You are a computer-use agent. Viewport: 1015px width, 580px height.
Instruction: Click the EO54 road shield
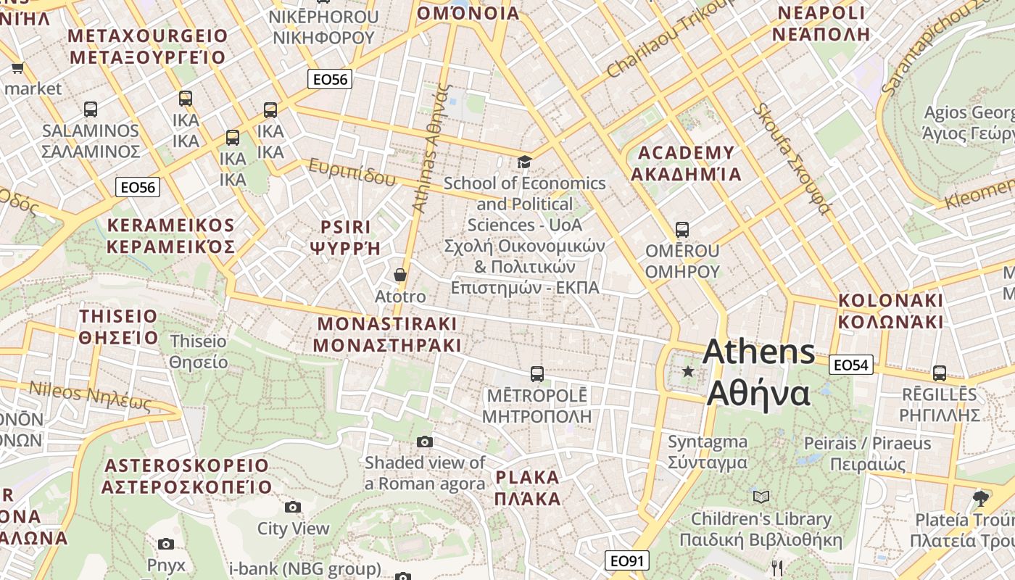(851, 365)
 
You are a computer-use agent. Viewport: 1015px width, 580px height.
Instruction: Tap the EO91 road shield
(627, 560)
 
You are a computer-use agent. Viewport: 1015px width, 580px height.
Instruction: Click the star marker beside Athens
(688, 372)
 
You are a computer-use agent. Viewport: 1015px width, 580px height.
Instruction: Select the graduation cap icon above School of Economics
(523, 161)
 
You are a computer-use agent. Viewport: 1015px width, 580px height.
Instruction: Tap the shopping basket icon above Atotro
(399, 275)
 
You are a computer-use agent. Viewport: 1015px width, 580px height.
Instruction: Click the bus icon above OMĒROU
(681, 230)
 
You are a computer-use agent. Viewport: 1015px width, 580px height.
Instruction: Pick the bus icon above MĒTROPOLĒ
(536, 374)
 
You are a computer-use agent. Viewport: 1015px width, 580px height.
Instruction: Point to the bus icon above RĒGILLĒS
(940, 373)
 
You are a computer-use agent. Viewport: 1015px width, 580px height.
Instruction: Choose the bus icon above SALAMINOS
(90, 109)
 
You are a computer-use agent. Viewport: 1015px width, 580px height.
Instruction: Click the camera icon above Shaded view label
(425, 442)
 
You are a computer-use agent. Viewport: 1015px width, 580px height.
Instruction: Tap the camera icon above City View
(293, 507)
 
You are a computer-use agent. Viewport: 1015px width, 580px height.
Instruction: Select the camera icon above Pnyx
(166, 544)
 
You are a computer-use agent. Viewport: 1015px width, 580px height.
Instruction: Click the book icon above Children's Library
(761, 497)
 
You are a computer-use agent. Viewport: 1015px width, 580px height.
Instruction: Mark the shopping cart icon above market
(17, 67)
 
